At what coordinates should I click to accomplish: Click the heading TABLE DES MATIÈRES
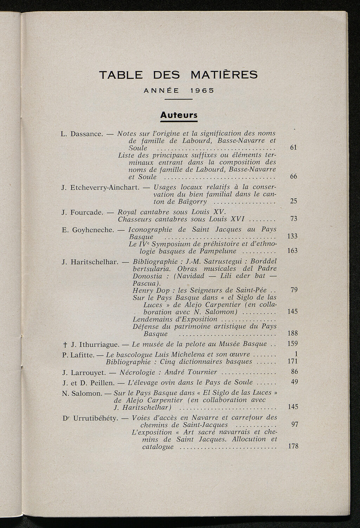click(x=179, y=75)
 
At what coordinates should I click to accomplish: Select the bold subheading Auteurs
click(x=179, y=115)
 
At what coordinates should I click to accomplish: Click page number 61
click(x=294, y=147)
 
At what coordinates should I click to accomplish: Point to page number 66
click(x=294, y=177)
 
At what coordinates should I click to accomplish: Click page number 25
click(x=294, y=201)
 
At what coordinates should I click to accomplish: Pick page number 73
click(x=294, y=219)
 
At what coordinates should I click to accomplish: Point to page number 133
click(x=292, y=236)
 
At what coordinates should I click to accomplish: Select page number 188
click(x=292, y=333)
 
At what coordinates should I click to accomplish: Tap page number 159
click(x=292, y=344)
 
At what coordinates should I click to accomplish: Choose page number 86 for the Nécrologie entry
click(x=295, y=371)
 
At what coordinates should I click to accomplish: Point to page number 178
click(x=292, y=446)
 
